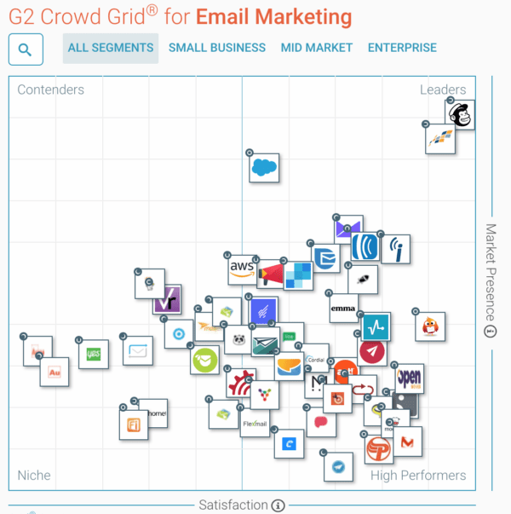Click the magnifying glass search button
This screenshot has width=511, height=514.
click(26, 49)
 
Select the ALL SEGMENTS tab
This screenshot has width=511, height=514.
click(111, 49)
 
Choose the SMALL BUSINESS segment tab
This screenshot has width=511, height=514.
click(216, 49)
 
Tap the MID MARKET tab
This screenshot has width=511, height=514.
click(316, 49)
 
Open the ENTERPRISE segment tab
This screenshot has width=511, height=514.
click(402, 49)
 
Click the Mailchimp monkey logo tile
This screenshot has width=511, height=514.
click(461, 114)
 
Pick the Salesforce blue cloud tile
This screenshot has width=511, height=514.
click(264, 167)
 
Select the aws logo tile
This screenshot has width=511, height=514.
click(242, 269)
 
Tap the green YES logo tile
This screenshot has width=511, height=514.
click(93, 354)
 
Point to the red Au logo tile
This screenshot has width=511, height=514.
click(55, 373)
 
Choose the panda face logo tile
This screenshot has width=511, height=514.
click(240, 338)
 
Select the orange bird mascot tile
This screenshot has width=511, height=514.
click(430, 326)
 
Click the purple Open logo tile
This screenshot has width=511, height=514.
click(409, 378)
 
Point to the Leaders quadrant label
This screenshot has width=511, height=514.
click(442, 90)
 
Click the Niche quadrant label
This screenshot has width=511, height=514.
click(34, 475)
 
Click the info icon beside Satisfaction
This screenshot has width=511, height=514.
click(278, 505)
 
